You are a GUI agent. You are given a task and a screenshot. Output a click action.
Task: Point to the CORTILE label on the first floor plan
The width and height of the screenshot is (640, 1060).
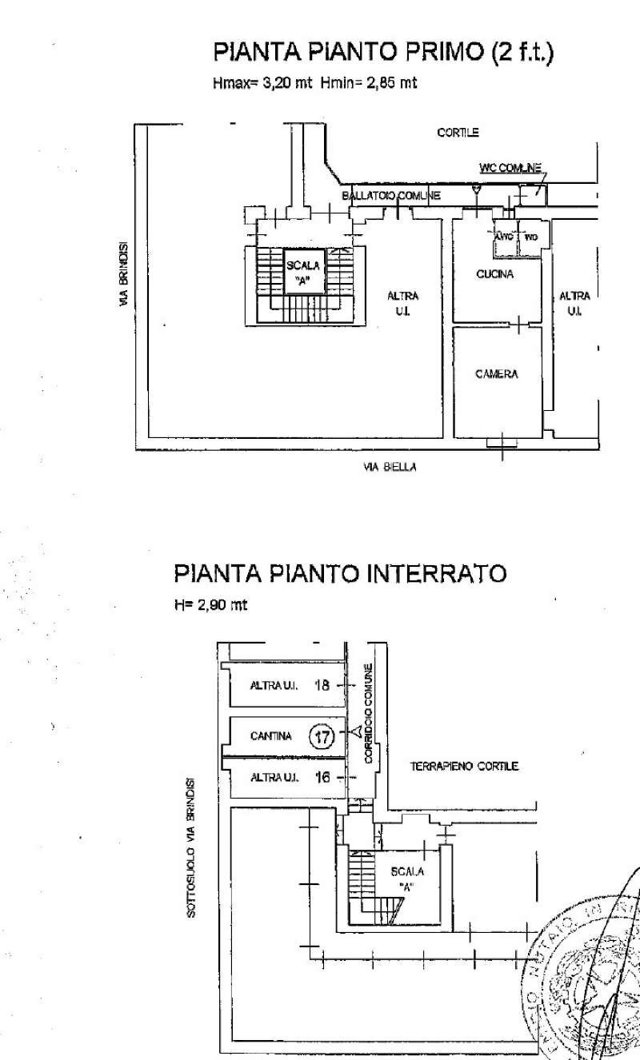coord(458,133)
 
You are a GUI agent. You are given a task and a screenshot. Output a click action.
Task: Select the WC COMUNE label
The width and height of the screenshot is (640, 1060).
coord(510,168)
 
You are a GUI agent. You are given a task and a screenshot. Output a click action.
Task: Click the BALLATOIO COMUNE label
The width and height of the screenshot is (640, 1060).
coord(390,196)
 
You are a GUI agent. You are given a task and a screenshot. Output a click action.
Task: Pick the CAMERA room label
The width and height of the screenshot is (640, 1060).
coord(496,374)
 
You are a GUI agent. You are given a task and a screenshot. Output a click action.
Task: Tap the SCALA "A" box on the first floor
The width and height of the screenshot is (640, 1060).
coord(303,273)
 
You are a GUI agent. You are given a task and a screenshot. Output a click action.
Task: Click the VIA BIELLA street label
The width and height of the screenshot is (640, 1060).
coord(389,468)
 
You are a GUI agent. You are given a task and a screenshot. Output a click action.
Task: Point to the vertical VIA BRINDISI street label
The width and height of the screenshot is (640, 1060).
coord(123,274)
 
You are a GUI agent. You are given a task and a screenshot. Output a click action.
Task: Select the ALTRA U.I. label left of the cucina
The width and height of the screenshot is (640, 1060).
coord(402,302)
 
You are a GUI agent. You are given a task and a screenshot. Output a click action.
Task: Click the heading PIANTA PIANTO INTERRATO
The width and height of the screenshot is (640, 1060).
coord(340,574)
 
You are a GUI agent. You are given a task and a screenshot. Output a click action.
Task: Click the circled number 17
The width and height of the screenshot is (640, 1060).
coord(322,737)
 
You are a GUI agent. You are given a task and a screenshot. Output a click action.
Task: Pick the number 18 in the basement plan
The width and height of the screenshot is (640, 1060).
coord(322,685)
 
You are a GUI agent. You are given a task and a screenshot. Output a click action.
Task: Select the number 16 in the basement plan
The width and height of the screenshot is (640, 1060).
coord(322,776)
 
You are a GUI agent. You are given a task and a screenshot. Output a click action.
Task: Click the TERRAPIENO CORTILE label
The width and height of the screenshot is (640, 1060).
coord(464,766)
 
